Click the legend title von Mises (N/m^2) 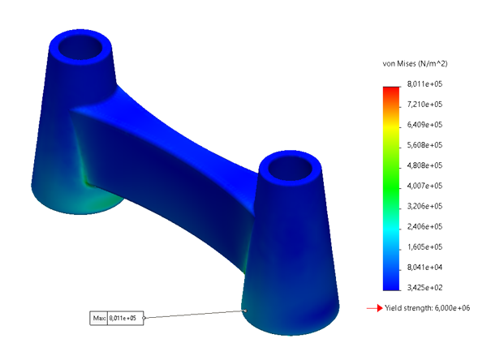tap(415, 64)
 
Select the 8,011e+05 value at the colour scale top tap(424, 84)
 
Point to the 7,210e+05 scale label tap(424, 104)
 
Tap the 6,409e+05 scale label tap(424, 125)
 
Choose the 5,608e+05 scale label tap(424, 145)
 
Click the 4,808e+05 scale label tap(424, 165)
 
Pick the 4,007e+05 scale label tap(424, 186)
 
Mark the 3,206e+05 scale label tap(424, 206)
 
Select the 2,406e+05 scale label tap(424, 226)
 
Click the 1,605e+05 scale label tap(424, 246)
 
